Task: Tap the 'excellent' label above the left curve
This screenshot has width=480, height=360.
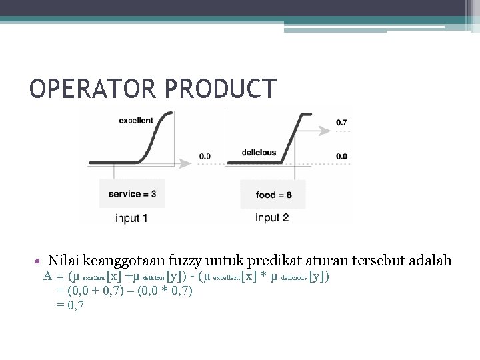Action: coord(136,121)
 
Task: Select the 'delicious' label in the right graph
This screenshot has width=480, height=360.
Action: coord(259,153)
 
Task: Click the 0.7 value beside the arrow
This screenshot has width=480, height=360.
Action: coord(341,123)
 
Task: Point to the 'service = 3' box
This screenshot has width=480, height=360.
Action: coord(132,194)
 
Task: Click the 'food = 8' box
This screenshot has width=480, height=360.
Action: coord(273,195)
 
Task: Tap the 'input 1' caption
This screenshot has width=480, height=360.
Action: coord(131,218)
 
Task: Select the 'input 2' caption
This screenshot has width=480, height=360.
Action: coord(272,218)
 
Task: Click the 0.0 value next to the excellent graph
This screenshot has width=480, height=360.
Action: coord(205,156)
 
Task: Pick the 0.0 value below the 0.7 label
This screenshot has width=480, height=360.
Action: coord(341,156)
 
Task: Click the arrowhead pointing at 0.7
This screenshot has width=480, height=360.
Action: coord(327,123)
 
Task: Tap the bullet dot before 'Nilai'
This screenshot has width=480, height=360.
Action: coord(40,260)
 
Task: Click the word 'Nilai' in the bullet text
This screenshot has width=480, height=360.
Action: coord(64,260)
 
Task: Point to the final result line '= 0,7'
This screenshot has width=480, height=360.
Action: coord(71,305)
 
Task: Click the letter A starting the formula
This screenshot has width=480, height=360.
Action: coord(48,276)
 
